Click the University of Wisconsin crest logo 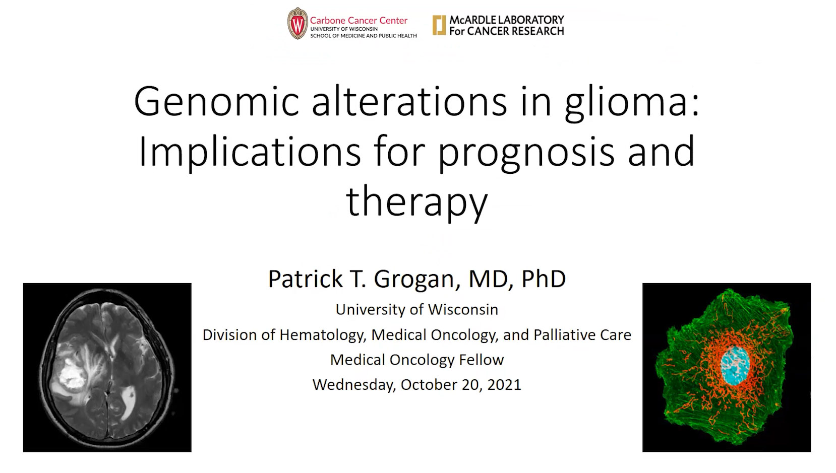pyautogui.click(x=297, y=24)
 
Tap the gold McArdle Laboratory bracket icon pyautogui.click(x=439, y=25)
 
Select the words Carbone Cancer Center pyautogui.click(x=359, y=21)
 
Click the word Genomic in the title pyautogui.click(x=217, y=102)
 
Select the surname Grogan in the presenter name pyautogui.click(x=414, y=279)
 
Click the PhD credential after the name pyautogui.click(x=543, y=279)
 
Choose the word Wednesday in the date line pyautogui.click(x=354, y=385)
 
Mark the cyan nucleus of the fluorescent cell pyautogui.click(x=735, y=366)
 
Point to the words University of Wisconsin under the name pyautogui.click(x=417, y=309)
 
